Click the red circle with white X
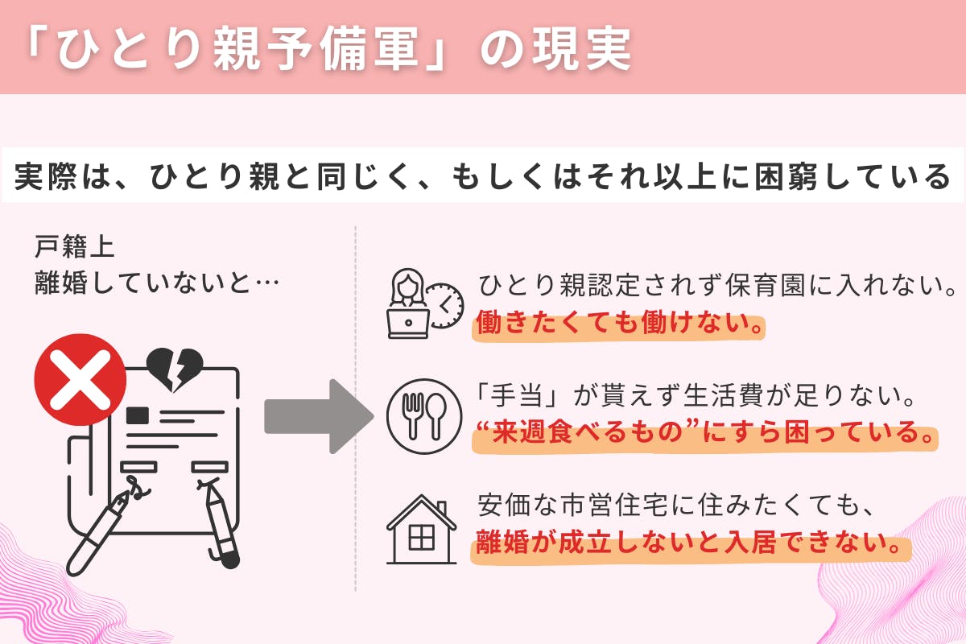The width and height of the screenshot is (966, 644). point(80,378)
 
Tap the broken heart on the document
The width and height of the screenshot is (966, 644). point(173,371)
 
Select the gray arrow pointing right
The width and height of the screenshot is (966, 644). point(319,417)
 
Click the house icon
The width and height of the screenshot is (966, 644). point(422,530)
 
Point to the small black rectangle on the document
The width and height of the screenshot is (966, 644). point(138,414)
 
